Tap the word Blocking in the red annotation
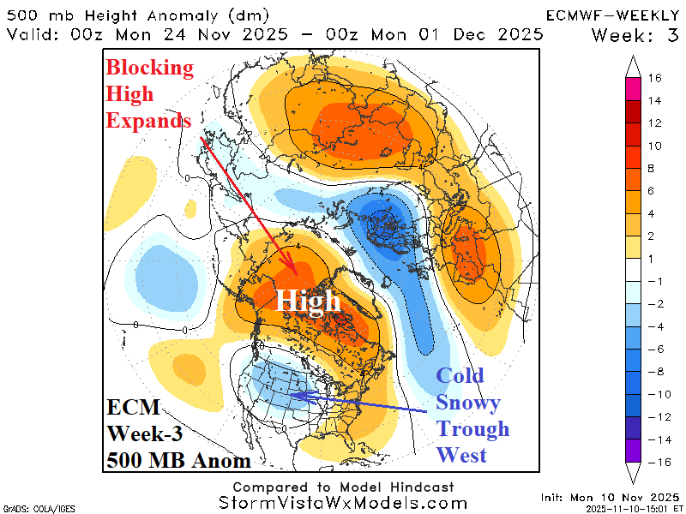(x=149, y=69)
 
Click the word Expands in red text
(x=148, y=121)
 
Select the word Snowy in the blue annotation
(x=468, y=402)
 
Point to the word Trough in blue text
(x=472, y=428)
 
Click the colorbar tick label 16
(x=654, y=78)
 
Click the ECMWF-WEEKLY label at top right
(x=614, y=15)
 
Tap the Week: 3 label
(x=635, y=35)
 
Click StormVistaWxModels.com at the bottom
(x=343, y=503)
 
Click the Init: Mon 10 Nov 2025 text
(x=610, y=497)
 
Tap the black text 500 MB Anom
(x=178, y=461)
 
